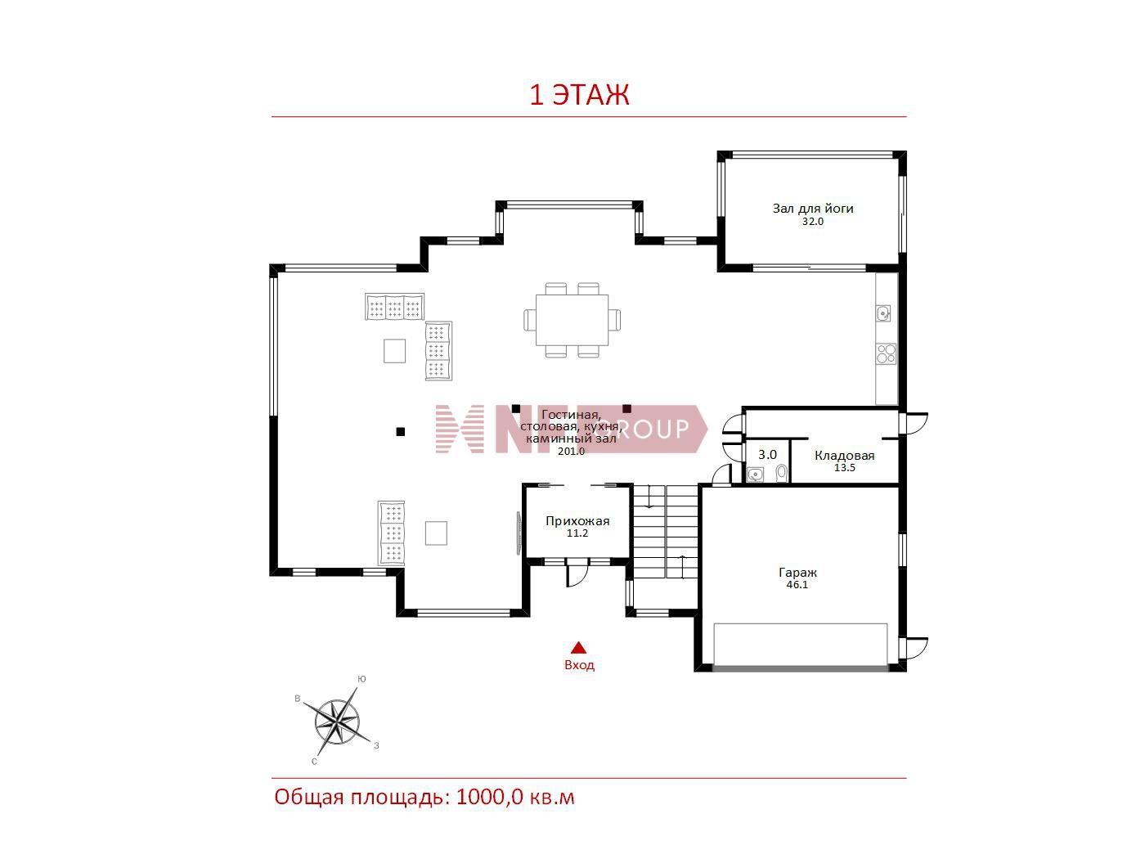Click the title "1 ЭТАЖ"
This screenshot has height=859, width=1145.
(579, 95)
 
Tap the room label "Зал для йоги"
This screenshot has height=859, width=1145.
(813, 209)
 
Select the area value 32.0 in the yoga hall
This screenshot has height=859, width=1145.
(813, 222)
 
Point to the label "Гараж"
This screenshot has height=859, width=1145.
(797, 573)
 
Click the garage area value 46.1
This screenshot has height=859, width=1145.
(797, 585)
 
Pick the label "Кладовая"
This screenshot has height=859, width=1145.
(845, 456)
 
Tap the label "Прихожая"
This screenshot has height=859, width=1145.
(577, 521)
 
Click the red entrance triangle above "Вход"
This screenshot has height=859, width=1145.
(578, 648)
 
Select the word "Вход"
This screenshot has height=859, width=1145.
(579, 665)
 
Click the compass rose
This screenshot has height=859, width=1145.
(337, 722)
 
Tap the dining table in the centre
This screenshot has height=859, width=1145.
(572, 320)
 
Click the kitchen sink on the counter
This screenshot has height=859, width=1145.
(882, 313)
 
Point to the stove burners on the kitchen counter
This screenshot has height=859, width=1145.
(886, 353)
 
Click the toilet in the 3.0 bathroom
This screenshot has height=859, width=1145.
(781, 473)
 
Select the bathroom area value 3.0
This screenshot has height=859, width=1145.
(767, 455)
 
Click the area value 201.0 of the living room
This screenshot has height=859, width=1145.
(571, 452)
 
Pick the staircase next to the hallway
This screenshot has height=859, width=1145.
(666, 532)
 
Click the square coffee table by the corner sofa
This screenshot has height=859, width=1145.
(394, 351)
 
